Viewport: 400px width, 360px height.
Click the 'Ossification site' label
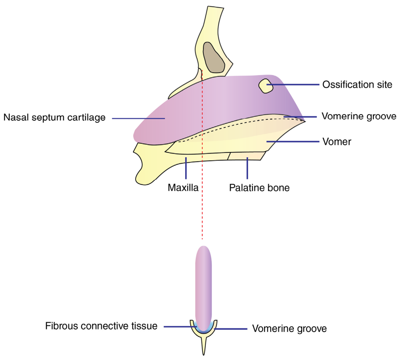[357, 85]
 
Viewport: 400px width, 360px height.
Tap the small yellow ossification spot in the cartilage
[266, 86]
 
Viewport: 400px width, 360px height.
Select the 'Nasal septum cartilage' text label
[54, 117]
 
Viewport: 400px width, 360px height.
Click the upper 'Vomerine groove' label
[359, 116]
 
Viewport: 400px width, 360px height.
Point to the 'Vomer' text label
[337, 142]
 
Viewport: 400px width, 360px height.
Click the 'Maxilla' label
[183, 187]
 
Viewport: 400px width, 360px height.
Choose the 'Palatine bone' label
[259, 188]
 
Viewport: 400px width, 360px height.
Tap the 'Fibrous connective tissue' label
[101, 326]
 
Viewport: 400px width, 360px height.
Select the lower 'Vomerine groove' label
[289, 329]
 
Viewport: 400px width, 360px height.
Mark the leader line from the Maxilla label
[186, 168]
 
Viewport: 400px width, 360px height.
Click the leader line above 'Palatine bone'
[247, 168]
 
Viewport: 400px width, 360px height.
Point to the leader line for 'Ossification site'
[293, 85]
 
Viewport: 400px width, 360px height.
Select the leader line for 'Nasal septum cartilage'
[138, 118]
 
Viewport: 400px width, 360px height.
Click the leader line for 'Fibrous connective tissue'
[180, 327]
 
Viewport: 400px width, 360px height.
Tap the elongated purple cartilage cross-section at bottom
[203, 289]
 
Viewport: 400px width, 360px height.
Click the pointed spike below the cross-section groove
[204, 346]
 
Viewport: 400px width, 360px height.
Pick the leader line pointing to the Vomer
[293, 141]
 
